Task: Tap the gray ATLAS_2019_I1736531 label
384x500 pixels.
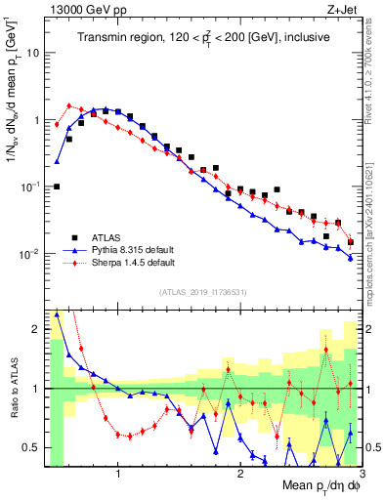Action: click(x=202, y=292)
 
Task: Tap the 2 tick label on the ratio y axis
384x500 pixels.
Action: click(x=38, y=329)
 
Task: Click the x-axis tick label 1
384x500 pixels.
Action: click(x=118, y=475)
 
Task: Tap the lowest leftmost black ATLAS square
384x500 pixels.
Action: click(x=57, y=187)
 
